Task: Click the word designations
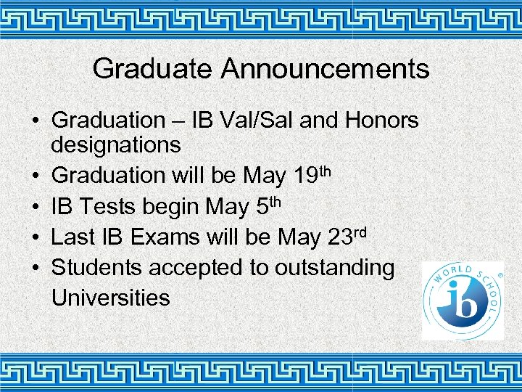click(x=116, y=145)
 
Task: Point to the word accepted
click(x=196, y=268)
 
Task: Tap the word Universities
click(x=111, y=298)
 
